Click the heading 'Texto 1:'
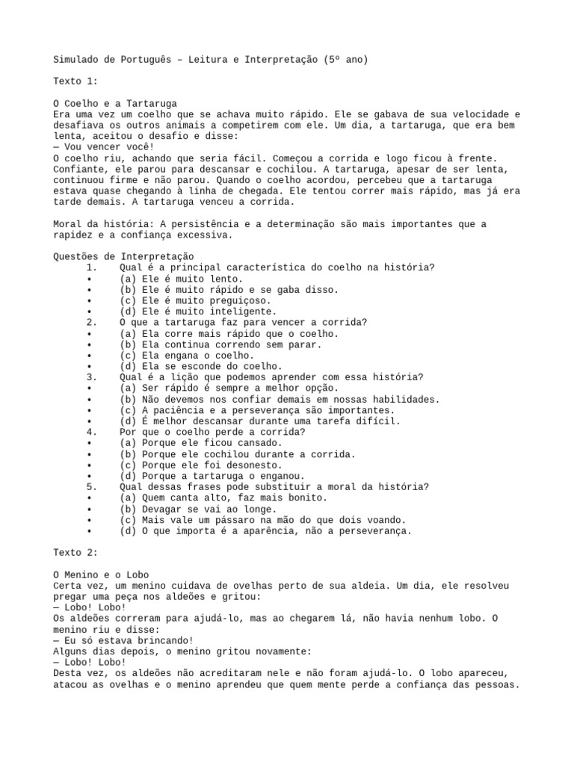click(x=75, y=81)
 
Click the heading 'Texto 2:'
click(x=75, y=553)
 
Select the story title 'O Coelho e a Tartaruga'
click(x=115, y=103)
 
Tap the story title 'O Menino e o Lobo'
click(x=100, y=575)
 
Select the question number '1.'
click(x=92, y=267)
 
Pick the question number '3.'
click(x=92, y=377)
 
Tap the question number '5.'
click(x=92, y=486)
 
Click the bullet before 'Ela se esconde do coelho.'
click(x=89, y=367)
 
